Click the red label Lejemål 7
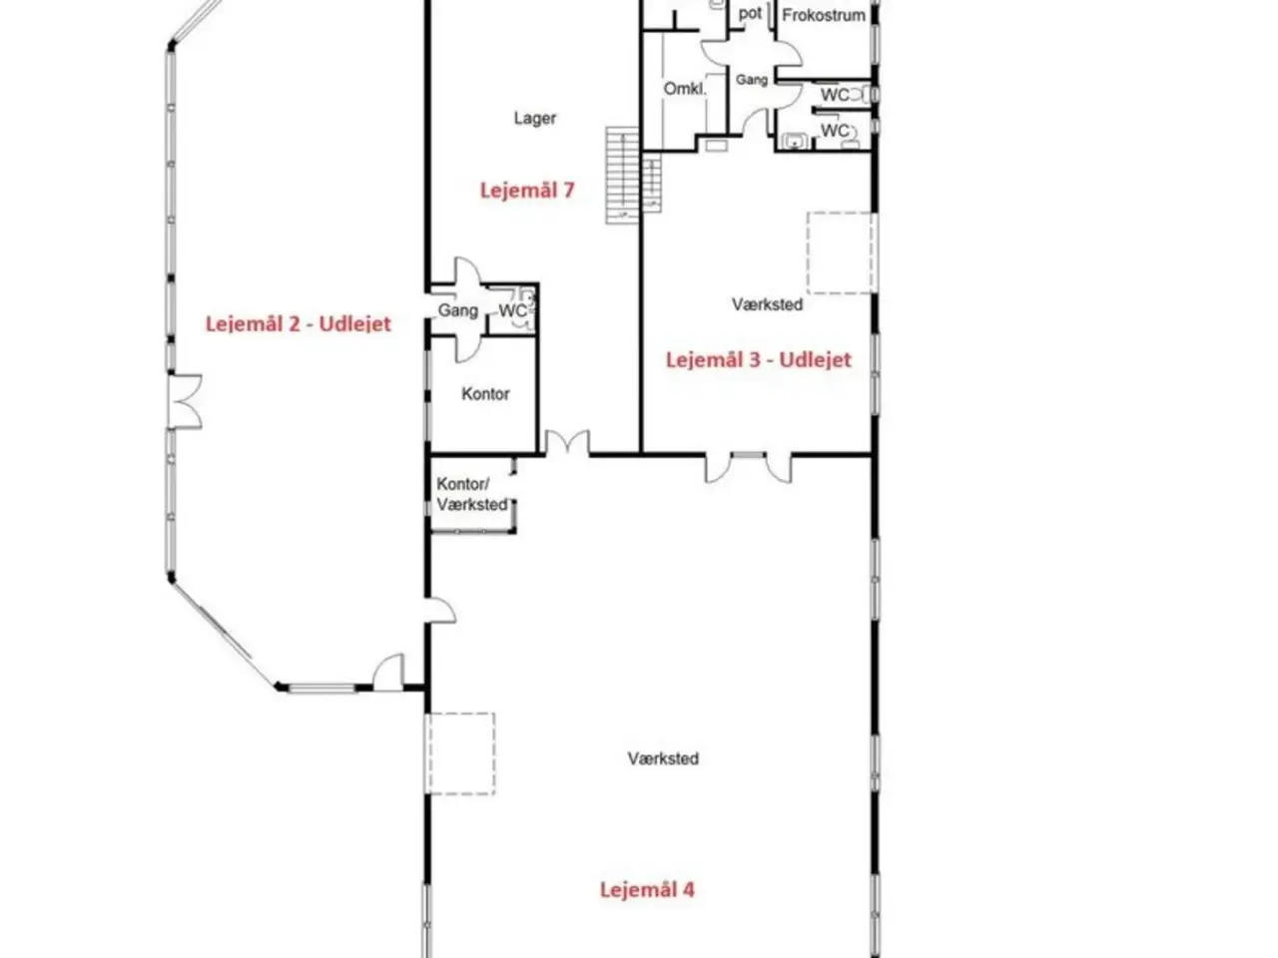pos(527,191)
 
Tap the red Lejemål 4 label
pos(647,889)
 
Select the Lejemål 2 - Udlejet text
pos(299,323)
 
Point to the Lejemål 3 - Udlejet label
pos(758,359)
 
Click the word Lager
pos(534,118)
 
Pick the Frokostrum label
pos(824,15)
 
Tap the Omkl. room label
pos(685,89)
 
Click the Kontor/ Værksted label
pos(472,494)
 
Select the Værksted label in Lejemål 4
pos(663,758)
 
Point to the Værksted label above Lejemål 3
pos(768,304)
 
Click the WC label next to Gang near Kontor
pos(512,310)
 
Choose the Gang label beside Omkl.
pos(751,80)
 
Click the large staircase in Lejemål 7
pos(622,175)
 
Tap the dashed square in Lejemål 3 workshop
pos(842,252)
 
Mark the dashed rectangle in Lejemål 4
pos(461,753)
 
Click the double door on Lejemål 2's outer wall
pos(185,402)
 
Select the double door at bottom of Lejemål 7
pos(566,442)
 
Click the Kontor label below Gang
pos(485,394)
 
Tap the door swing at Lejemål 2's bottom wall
pos(387,672)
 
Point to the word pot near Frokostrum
pos(750,14)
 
